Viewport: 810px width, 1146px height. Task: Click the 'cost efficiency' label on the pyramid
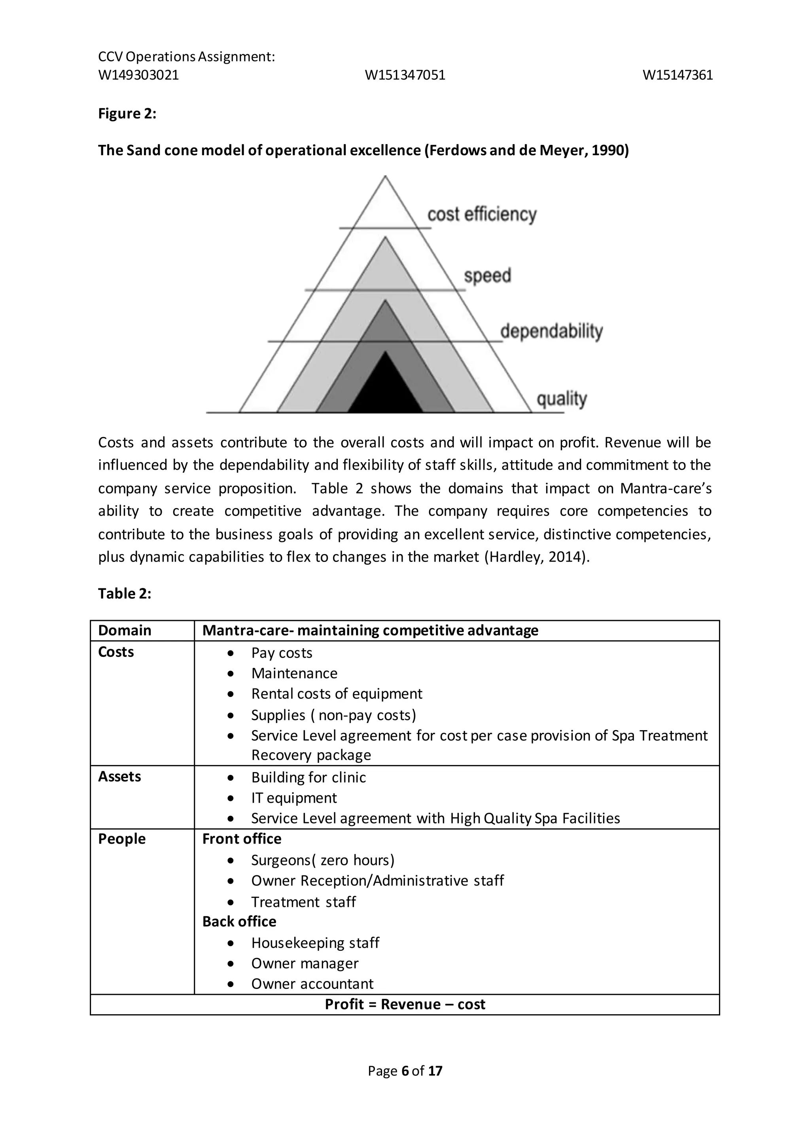coord(482,214)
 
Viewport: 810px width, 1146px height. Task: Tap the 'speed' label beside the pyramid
coord(487,275)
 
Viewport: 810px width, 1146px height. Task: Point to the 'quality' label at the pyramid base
coord(562,399)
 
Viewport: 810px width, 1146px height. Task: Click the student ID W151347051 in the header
coord(405,75)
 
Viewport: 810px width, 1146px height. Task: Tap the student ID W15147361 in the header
coord(678,75)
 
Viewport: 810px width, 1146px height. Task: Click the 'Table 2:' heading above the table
coord(125,594)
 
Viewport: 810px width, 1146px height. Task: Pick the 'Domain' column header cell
coord(125,630)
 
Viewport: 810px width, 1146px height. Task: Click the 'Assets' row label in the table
coord(120,777)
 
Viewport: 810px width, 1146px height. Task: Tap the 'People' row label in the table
coord(122,839)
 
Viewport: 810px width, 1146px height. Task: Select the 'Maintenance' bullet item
coord(294,674)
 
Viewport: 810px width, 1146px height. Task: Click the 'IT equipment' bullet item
coord(294,798)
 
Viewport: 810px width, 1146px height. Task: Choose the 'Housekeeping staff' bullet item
coord(315,943)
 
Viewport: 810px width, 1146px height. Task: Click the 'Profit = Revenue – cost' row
coord(405,1004)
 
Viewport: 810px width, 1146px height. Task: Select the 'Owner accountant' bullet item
coord(312,984)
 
